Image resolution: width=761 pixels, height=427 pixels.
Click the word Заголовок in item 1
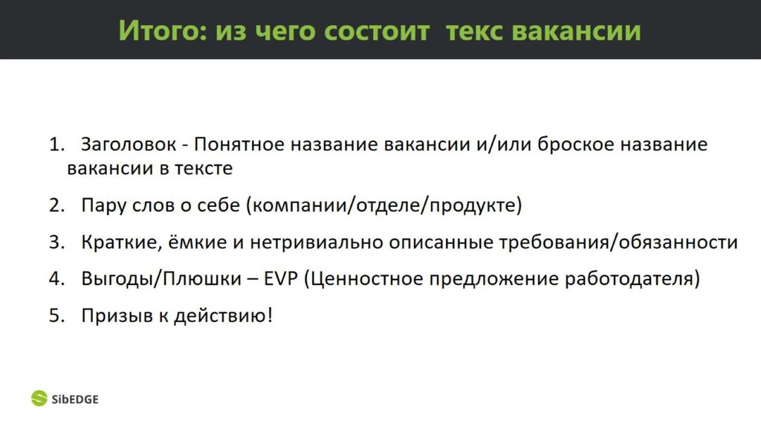(129, 144)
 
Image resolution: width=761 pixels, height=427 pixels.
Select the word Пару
(103, 205)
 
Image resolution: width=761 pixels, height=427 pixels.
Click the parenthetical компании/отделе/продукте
(383, 205)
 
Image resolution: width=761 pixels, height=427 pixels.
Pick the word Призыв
(112, 315)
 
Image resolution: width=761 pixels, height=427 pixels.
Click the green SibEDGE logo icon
(39, 399)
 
